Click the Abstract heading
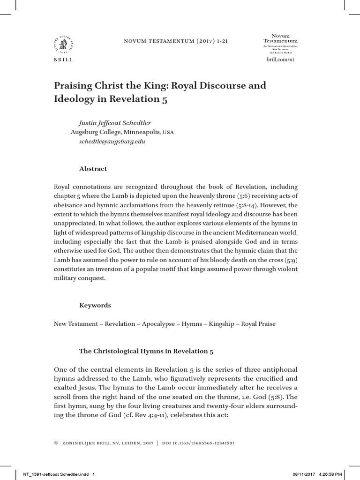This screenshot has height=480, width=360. tap(94, 169)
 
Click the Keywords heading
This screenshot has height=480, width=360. tap(95, 305)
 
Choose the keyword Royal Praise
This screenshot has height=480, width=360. tap(258, 324)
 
